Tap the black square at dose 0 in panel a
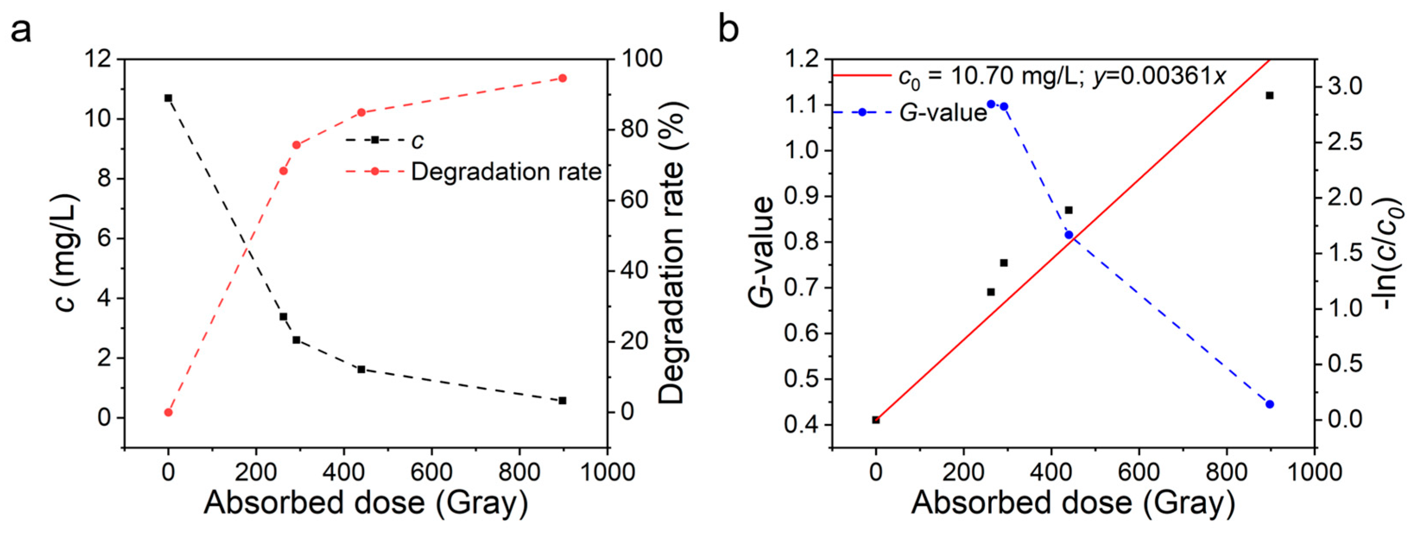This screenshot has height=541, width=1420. (168, 98)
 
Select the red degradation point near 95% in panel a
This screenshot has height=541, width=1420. (562, 78)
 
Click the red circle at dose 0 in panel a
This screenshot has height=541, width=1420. (168, 412)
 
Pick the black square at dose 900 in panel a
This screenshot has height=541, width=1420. (562, 400)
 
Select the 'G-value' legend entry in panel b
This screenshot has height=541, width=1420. (943, 113)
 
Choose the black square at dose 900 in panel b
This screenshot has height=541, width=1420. (1269, 95)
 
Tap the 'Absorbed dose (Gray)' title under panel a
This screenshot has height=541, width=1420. (366, 503)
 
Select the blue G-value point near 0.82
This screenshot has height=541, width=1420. (1069, 235)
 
